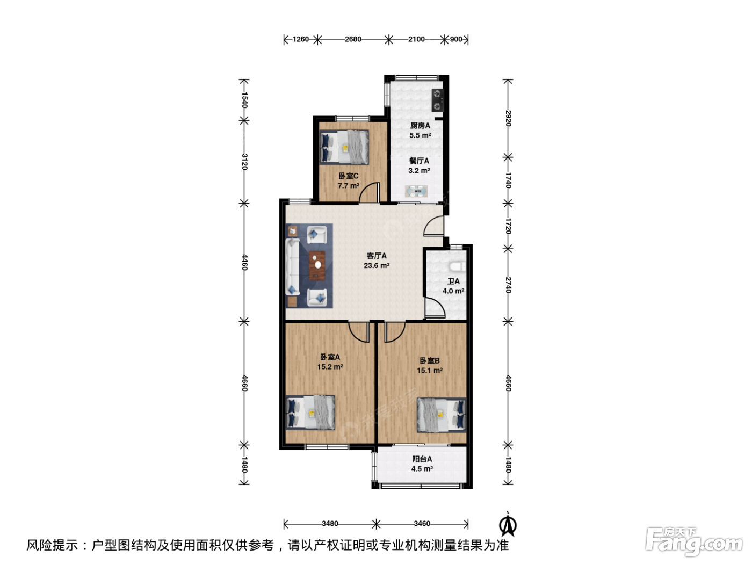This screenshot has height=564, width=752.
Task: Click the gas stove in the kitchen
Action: click(x=437, y=100)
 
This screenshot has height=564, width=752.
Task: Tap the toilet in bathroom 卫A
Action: click(x=457, y=266)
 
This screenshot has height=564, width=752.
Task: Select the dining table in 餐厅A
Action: click(x=416, y=191)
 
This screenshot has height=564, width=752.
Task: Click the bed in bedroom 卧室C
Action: click(x=344, y=147)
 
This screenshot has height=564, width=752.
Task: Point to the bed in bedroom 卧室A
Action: click(x=310, y=413)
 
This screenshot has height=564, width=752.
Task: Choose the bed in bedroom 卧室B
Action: click(x=442, y=415)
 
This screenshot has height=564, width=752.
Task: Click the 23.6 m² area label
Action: click(x=377, y=265)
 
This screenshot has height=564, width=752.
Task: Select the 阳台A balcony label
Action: click(x=422, y=459)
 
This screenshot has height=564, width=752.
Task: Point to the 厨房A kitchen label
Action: click(x=420, y=126)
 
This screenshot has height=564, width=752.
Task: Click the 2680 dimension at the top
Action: click(x=353, y=39)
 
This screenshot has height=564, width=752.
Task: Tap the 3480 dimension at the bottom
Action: click(x=330, y=524)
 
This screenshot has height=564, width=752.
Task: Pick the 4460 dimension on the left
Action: click(x=244, y=262)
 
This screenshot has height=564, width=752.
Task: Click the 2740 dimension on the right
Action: click(x=509, y=285)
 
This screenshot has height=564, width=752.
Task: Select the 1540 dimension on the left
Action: click(x=244, y=100)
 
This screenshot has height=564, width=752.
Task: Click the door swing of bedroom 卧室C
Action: click(x=369, y=192)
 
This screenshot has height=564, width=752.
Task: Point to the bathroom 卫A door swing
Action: click(x=435, y=307)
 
